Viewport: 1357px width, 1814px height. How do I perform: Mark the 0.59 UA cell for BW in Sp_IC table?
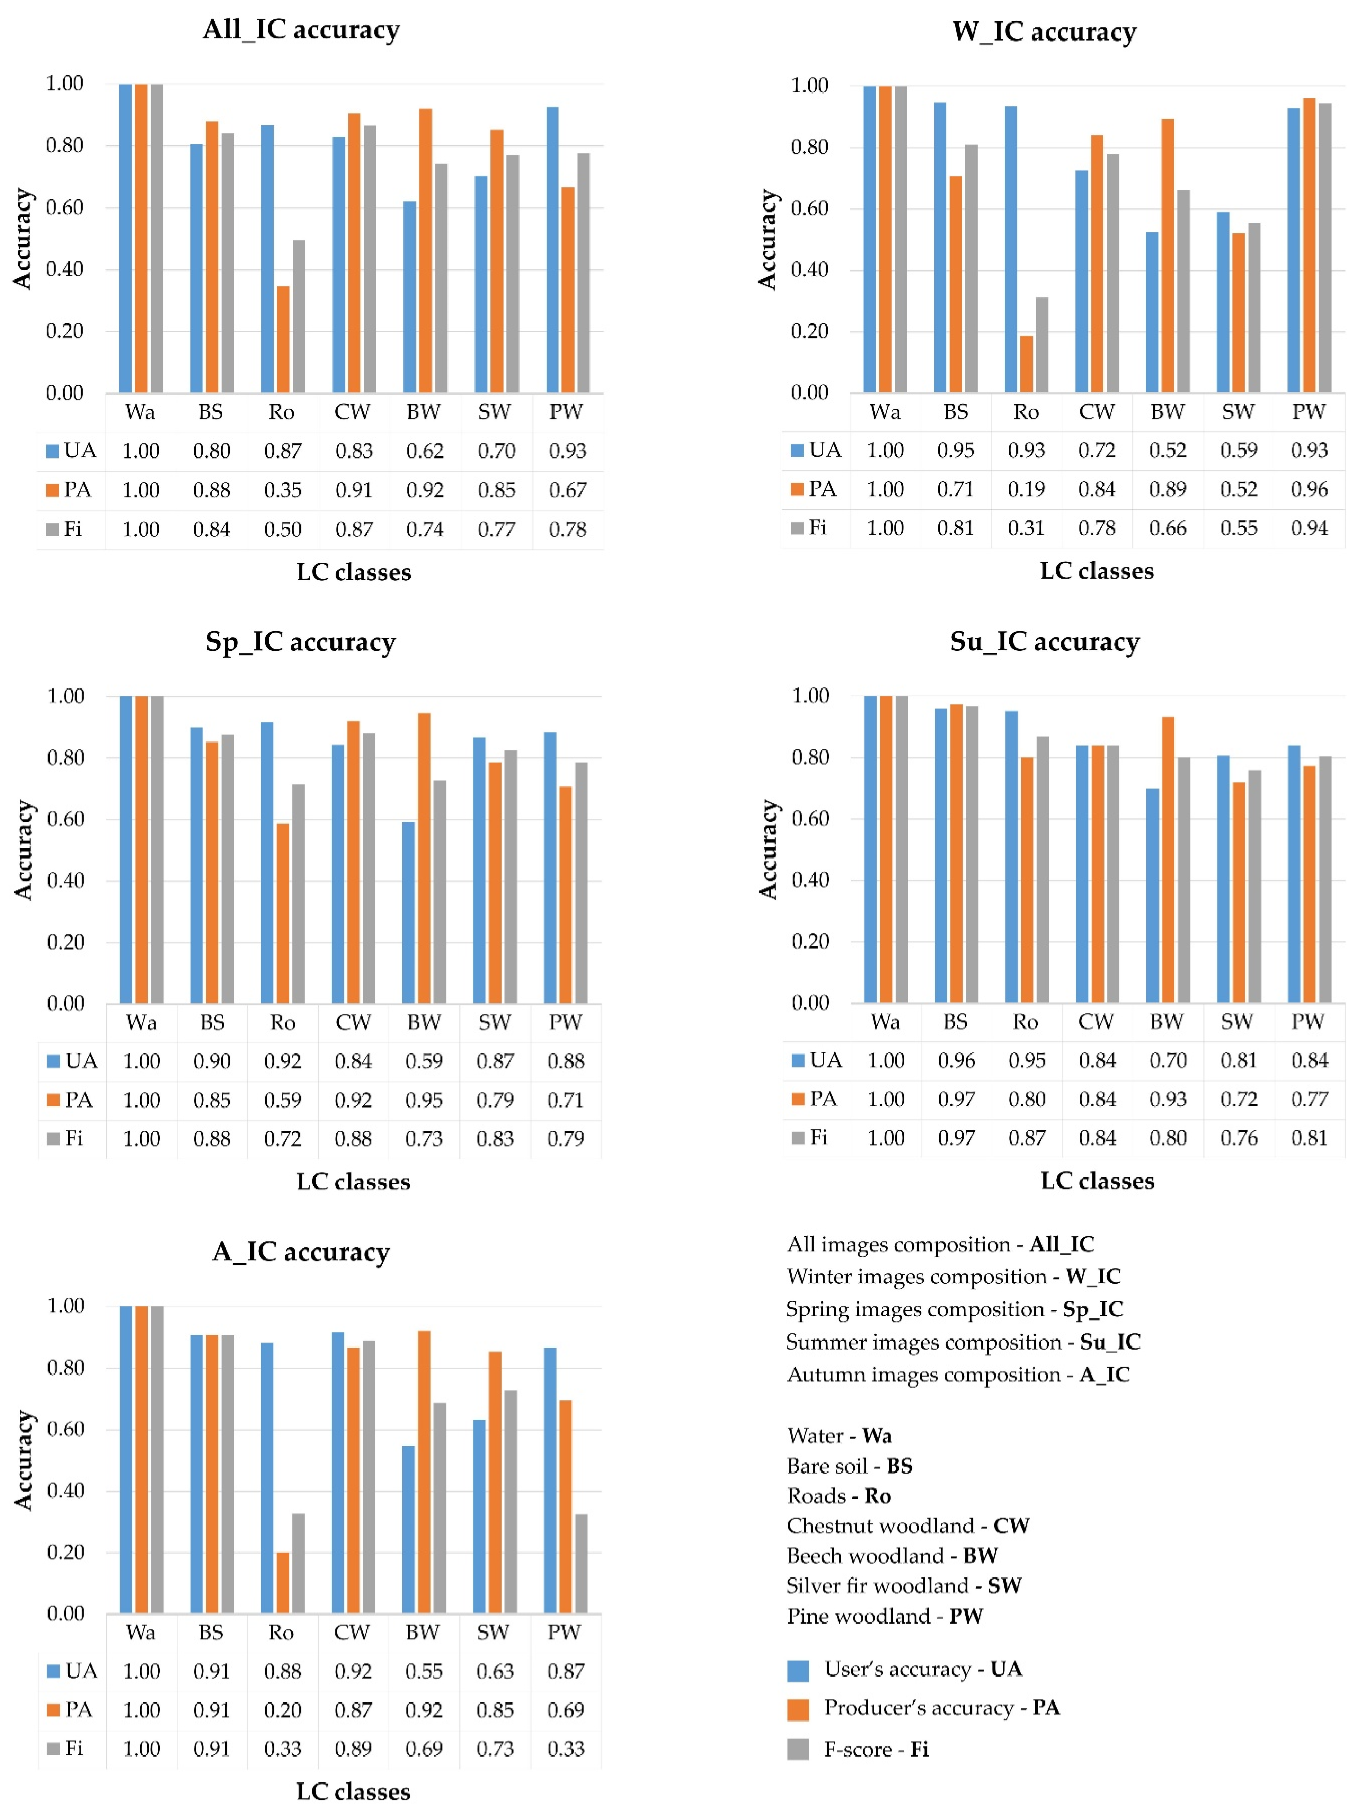(424, 1061)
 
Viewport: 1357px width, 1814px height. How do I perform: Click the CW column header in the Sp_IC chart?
(353, 1023)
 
